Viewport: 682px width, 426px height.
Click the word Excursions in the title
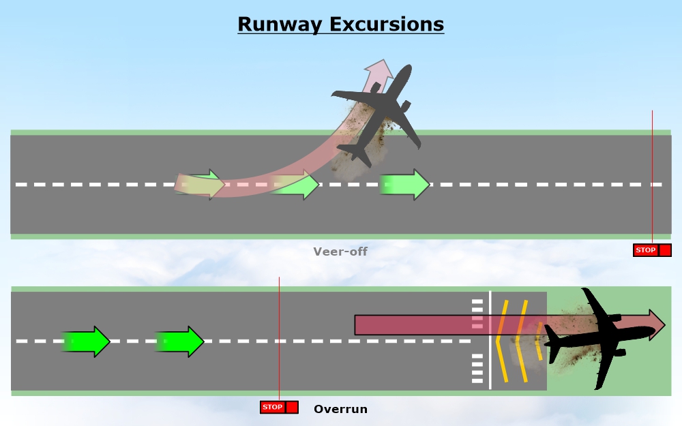pyautogui.click(x=387, y=25)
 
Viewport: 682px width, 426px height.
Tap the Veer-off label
pyautogui.click(x=340, y=252)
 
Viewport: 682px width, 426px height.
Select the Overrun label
pyautogui.click(x=340, y=409)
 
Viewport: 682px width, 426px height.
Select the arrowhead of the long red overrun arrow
pyautogui.click(x=656, y=324)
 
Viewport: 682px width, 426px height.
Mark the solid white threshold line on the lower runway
pyautogui.click(x=490, y=340)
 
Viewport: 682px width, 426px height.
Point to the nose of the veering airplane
pyautogui.click(x=407, y=70)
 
